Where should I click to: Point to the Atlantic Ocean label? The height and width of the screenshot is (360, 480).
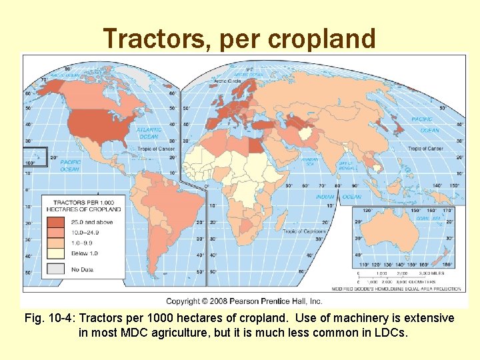pos(148,133)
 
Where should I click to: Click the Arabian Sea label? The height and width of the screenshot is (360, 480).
pos(309,161)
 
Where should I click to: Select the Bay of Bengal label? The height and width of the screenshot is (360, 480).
pos(345,164)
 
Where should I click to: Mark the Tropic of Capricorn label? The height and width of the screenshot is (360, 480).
pos(303,231)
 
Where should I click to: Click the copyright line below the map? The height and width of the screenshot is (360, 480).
pos(244,301)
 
